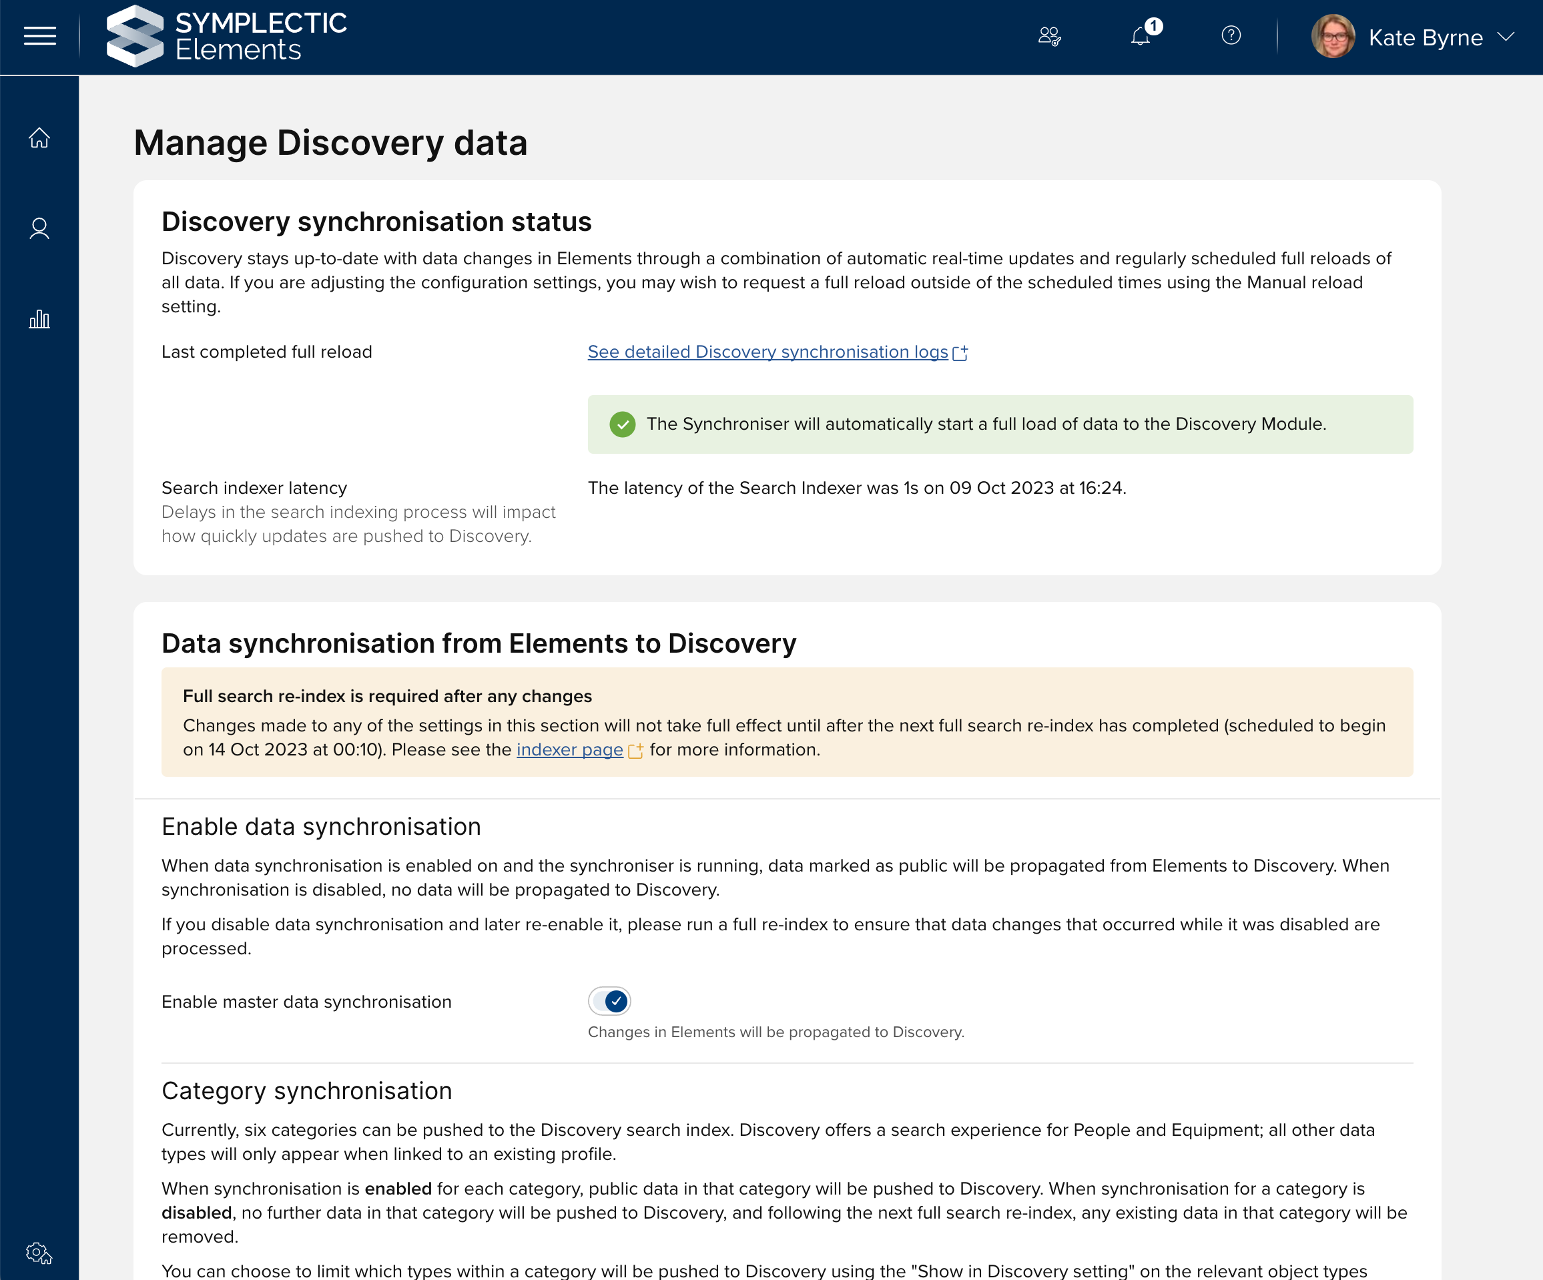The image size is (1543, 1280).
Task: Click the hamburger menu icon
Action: (x=39, y=36)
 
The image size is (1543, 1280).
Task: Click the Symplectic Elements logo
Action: (x=226, y=36)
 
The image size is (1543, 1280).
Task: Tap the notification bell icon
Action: (x=1141, y=36)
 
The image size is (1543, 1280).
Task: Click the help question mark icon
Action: (x=1231, y=35)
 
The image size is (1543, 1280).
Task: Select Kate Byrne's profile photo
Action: (x=1332, y=36)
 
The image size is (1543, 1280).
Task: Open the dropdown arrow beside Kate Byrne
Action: (x=1505, y=36)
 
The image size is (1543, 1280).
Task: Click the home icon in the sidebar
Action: (x=39, y=137)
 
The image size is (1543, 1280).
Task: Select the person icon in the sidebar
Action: (x=39, y=228)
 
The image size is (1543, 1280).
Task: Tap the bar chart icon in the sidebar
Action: (x=39, y=319)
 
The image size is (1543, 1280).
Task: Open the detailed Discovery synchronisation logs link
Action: (x=767, y=352)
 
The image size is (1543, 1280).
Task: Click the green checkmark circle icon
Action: (x=623, y=424)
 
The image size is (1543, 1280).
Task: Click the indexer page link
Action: (x=569, y=749)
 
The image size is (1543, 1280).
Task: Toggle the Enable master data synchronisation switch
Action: (x=609, y=1001)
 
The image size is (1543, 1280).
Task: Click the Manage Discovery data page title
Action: (x=330, y=143)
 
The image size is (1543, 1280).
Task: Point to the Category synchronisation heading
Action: (x=306, y=1091)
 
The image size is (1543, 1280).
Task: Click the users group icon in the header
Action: (x=1049, y=36)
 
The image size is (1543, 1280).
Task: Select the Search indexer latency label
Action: (x=254, y=488)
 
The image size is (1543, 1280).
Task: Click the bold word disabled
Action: (x=196, y=1213)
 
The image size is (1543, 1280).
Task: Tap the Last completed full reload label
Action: (x=267, y=352)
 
